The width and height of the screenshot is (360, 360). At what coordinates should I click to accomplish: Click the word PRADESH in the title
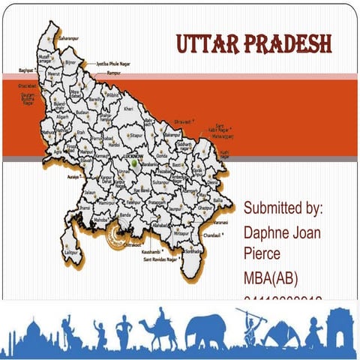[289, 44]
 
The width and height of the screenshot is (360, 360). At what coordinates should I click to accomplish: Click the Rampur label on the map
[114, 74]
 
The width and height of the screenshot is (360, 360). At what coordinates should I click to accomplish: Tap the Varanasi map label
[220, 223]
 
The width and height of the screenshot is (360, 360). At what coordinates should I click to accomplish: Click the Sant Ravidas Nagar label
[160, 259]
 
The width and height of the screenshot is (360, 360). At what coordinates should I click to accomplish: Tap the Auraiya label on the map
[73, 177]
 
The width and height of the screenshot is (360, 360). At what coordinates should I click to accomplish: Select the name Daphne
[269, 232]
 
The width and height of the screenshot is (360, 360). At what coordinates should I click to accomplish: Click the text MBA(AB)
[271, 279]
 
